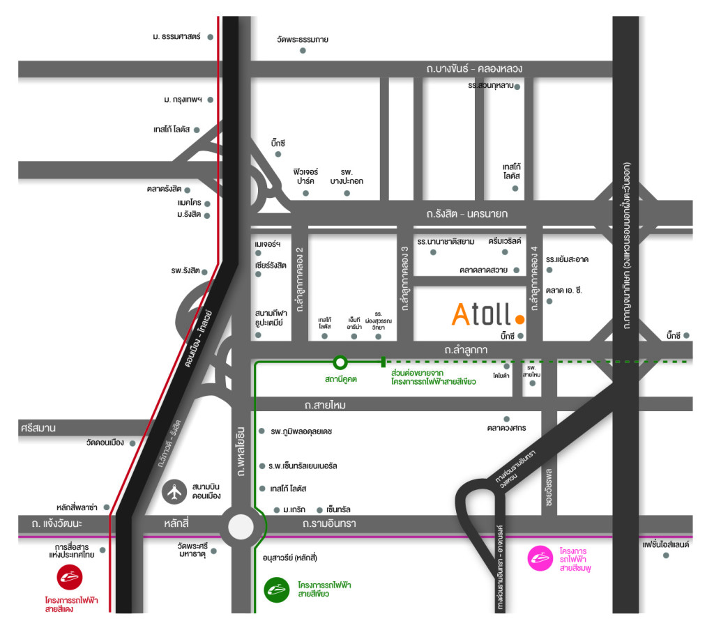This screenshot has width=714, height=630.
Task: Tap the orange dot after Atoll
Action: (x=519, y=320)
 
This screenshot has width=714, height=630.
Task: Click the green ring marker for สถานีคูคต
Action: (x=340, y=362)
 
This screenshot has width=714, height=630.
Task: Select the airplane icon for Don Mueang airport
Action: (x=174, y=491)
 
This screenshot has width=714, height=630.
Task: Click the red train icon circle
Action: (x=70, y=577)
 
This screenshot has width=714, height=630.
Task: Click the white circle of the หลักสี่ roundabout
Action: (x=240, y=526)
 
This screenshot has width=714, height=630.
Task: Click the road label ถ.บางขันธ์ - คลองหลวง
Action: (x=474, y=68)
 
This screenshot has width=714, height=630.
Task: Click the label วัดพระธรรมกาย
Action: (x=303, y=40)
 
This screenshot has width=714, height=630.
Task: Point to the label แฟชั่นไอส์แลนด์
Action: (x=666, y=544)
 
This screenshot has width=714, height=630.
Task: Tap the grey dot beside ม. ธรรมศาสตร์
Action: (x=210, y=36)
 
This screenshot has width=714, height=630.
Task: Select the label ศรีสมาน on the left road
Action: (x=38, y=427)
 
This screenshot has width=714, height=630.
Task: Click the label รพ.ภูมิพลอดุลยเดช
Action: (x=301, y=431)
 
